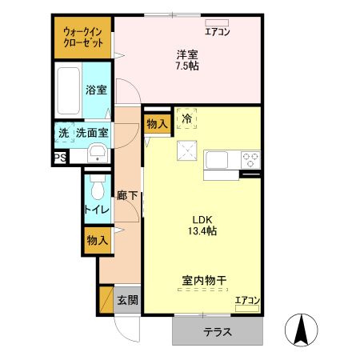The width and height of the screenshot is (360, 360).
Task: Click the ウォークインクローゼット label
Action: [x=83, y=36]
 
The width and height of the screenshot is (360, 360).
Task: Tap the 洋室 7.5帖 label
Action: [x=188, y=60]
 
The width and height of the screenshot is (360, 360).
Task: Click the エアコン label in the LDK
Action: [x=246, y=301]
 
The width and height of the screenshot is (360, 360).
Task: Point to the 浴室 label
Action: [x=97, y=90]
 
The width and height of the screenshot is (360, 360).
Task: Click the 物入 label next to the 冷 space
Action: [x=157, y=123]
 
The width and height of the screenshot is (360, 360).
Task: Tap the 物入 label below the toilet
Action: [x=97, y=240]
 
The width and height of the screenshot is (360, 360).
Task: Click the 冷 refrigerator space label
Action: [x=186, y=119]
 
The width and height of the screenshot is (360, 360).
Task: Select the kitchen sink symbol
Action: [x=218, y=159]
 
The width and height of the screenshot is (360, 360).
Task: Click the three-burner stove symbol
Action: [x=250, y=158]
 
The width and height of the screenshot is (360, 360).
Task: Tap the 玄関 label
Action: [x=128, y=300]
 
